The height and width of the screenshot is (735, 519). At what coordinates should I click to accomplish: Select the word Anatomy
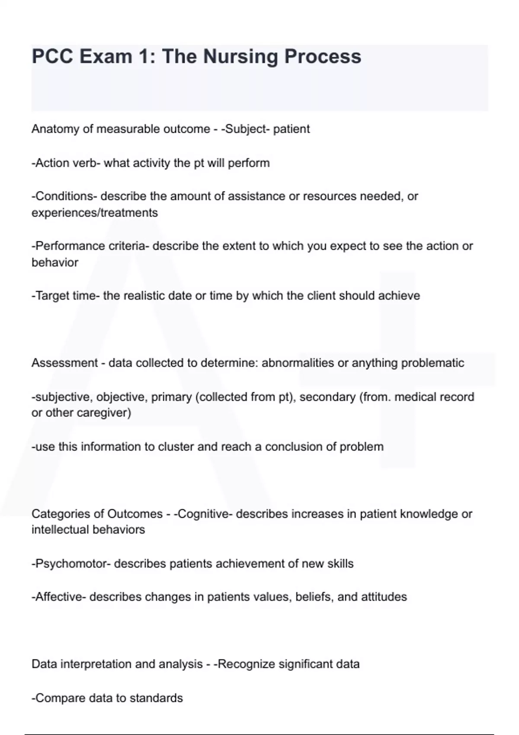tap(55, 129)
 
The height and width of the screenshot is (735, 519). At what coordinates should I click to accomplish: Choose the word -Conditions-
tap(64, 196)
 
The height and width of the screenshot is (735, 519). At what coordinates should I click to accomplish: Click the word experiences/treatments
tap(95, 213)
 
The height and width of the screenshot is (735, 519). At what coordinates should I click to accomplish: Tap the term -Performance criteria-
tap(90, 246)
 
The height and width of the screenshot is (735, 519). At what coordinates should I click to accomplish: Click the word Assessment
tap(64, 363)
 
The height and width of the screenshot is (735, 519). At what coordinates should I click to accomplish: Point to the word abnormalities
tap(298, 363)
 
